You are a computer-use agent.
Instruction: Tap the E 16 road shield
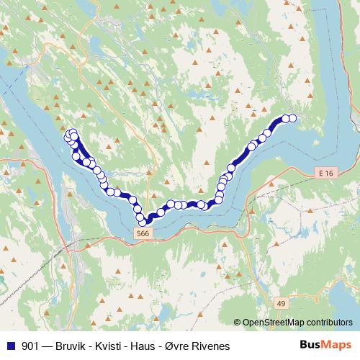point(325,174)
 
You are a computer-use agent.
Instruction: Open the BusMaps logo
point(325,346)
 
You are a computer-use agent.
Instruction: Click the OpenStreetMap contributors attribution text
point(298,324)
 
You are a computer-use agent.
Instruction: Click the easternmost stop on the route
point(293,118)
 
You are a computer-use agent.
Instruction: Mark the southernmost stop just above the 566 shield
point(143,222)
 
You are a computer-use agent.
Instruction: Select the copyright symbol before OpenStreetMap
point(237,324)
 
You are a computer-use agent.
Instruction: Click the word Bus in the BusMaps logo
point(310,346)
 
